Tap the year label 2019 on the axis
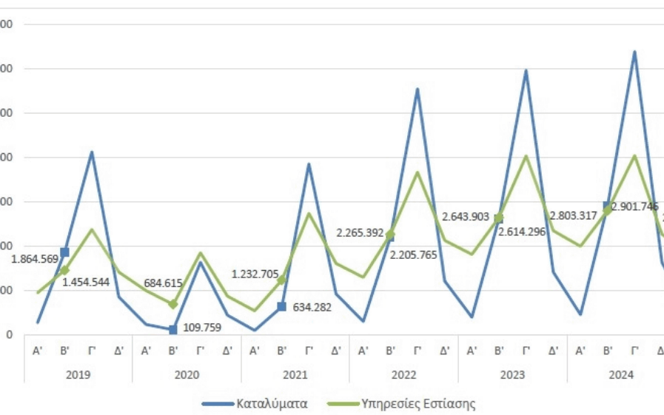pyautogui.click(x=78, y=375)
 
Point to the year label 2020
pyautogui.click(x=187, y=375)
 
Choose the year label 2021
pyautogui.click(x=295, y=375)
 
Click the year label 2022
pyautogui.click(x=404, y=375)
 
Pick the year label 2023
pyautogui.click(x=512, y=375)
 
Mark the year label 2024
pyautogui.click(x=621, y=375)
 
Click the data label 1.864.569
pyautogui.click(x=35, y=259)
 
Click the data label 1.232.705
pyautogui.click(x=255, y=274)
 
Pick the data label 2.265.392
pyautogui.click(x=360, y=233)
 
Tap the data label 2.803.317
pyautogui.click(x=574, y=216)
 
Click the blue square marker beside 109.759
pyautogui.click(x=173, y=330)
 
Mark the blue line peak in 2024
pyautogui.click(x=634, y=53)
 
